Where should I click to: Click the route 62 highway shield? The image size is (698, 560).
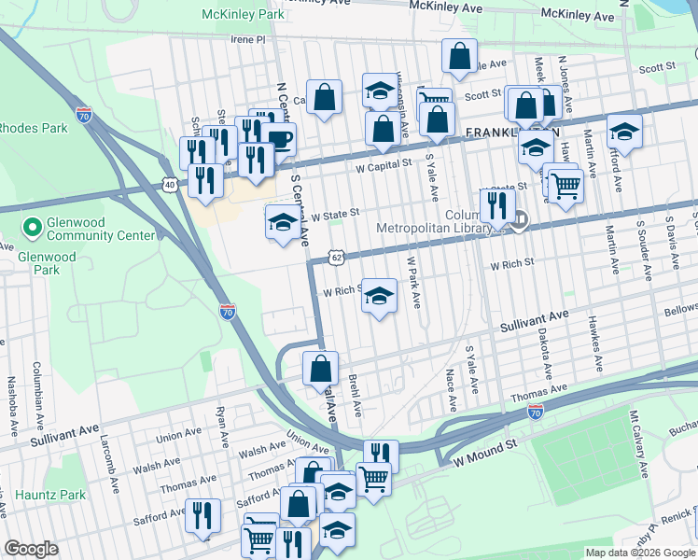tap(337, 256)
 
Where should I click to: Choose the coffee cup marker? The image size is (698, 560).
tap(279, 141)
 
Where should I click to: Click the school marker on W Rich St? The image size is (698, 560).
tap(379, 296)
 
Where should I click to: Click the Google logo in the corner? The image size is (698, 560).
tap(32, 549)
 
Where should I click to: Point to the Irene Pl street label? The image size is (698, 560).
tap(249, 40)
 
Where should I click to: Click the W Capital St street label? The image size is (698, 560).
tap(384, 164)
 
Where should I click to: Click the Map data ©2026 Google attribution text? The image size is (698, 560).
tap(640, 553)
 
